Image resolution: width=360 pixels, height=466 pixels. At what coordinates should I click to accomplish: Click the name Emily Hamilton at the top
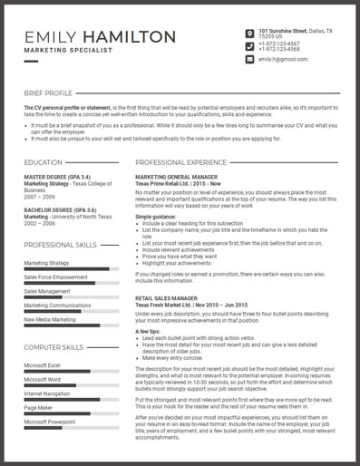(x=100, y=36)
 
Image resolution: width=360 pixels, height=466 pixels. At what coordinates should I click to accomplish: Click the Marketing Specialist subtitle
(x=68, y=51)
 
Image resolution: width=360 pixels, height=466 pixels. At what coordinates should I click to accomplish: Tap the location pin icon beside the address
(x=249, y=34)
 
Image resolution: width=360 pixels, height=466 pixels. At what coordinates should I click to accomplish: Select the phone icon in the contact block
(x=249, y=46)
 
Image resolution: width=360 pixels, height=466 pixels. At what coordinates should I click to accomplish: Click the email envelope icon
(x=249, y=59)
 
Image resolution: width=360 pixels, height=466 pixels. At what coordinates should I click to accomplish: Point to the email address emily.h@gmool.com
(x=282, y=59)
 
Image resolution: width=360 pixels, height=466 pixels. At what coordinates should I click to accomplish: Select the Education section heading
(x=44, y=162)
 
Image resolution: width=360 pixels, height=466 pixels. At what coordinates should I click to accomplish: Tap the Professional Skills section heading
(x=62, y=245)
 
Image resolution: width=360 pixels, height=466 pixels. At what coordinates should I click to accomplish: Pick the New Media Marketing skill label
(x=50, y=319)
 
